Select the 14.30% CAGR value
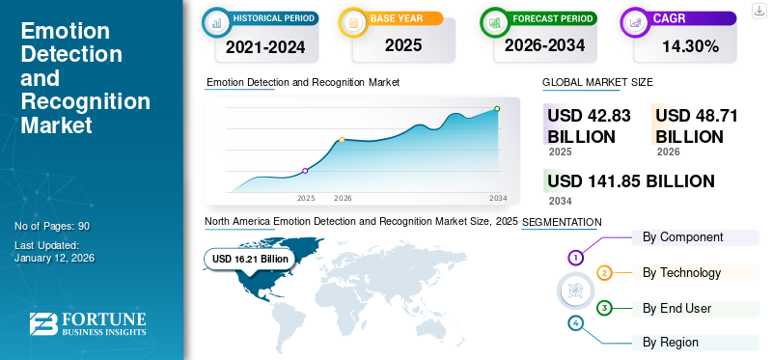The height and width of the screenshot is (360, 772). coord(689,45)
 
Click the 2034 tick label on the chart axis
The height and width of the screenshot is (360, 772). coord(498,198)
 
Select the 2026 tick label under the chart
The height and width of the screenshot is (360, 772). coord(343,198)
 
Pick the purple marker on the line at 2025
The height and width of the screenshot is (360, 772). coord(305,171)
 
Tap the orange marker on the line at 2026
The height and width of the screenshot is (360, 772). coord(342,140)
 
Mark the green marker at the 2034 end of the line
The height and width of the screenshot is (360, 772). coord(497,109)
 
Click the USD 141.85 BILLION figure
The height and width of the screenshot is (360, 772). coord(631,181)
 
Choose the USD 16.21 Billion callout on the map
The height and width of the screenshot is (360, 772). coord(250,259)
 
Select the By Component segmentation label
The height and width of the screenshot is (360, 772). coord(683,237)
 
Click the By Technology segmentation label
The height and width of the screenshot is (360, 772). coord(681,273)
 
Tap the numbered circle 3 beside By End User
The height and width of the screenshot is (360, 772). coord(604,308)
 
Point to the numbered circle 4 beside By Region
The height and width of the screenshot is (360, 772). coord(576,322)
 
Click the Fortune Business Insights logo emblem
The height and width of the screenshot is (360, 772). coord(42,326)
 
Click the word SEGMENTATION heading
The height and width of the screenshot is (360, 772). coord(562,222)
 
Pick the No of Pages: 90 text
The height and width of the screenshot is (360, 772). coord(52,226)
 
